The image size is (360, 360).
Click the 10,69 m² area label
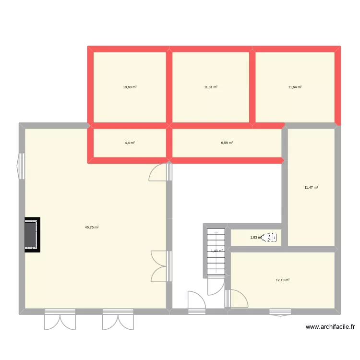click(x=130, y=87)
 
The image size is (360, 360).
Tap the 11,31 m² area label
click(x=211, y=87)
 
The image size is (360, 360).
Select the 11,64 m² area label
click(x=295, y=87)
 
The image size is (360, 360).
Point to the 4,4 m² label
click(x=130, y=143)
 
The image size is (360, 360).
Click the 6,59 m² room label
click(x=227, y=143)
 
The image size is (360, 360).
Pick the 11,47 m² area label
click(x=311, y=188)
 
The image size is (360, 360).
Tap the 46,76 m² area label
click(x=92, y=228)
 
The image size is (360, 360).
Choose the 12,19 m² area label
click(x=282, y=280)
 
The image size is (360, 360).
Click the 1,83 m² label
click(x=256, y=237)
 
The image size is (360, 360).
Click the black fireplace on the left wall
click(x=32, y=235)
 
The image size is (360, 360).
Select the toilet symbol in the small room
click(x=272, y=237)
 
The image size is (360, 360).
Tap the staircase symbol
click(x=216, y=252)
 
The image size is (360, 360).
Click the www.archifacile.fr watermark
click(x=330, y=327)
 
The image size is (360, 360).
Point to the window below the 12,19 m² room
click(x=280, y=313)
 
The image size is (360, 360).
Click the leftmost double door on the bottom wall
click(x=60, y=320)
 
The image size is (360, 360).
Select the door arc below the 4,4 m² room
click(x=158, y=173)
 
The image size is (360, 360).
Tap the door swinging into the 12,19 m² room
click(x=239, y=299)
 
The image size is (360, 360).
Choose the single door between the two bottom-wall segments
click(x=197, y=302)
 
